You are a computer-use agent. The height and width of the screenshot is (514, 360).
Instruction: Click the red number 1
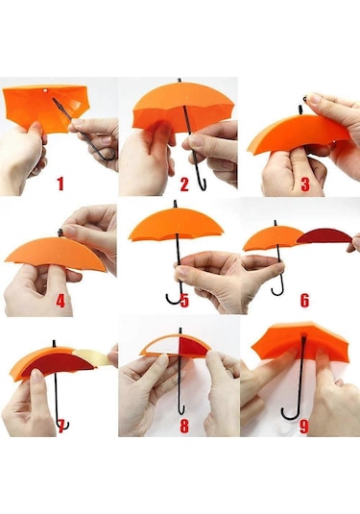pyautogui.click(x=60, y=184)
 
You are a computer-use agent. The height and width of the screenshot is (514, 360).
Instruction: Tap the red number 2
pyautogui.click(x=184, y=184)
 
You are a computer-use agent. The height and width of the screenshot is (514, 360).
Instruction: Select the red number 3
pyautogui.click(x=305, y=184)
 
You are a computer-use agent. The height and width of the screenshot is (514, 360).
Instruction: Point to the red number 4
pyautogui.click(x=60, y=301)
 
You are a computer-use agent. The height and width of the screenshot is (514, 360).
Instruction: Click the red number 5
pyautogui.click(x=184, y=301)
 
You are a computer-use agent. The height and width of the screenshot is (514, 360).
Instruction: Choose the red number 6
pyautogui.click(x=304, y=301)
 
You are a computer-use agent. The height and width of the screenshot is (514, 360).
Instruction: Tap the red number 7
pyautogui.click(x=60, y=426)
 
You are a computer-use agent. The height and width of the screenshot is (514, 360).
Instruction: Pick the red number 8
pyautogui.click(x=184, y=426)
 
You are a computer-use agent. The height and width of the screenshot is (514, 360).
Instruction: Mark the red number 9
pyautogui.click(x=304, y=427)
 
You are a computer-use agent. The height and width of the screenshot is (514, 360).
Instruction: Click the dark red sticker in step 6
pyautogui.click(x=324, y=236)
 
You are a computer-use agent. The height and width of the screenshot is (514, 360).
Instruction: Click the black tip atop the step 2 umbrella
pyautogui.click(x=180, y=81)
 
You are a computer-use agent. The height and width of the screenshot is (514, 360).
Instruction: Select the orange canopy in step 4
pyautogui.click(x=56, y=253)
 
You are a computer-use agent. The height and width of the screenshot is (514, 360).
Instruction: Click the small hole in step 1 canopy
pyautogui.click(x=45, y=90)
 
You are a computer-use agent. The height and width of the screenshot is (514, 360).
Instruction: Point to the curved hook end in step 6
pyautogui.click(x=277, y=289)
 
